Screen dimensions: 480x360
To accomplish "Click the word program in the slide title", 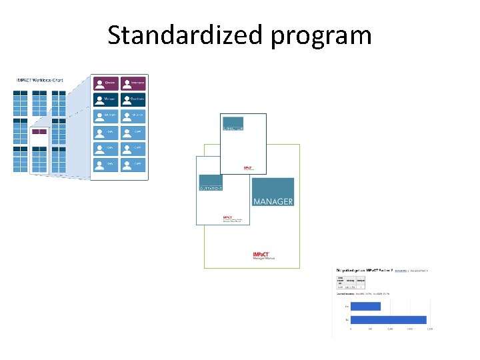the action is [x=321, y=36].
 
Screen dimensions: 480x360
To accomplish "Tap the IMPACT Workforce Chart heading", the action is [x=39, y=80].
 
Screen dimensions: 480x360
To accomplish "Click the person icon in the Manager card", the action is [x=99, y=99].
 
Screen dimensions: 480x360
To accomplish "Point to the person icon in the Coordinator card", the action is [x=127, y=99].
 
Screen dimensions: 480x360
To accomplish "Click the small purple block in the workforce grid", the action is [x=39, y=131].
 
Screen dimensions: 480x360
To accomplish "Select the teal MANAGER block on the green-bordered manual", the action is [x=273, y=192].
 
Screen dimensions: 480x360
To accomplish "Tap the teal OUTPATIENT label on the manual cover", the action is [x=211, y=187].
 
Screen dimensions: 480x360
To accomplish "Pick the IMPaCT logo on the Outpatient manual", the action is [x=227, y=217].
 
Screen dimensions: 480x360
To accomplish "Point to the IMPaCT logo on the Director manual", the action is [x=247, y=167].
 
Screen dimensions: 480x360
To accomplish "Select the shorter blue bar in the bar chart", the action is [x=365, y=307].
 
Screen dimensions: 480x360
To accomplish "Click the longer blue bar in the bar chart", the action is [x=388, y=320].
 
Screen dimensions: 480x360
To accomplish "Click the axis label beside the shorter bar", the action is [x=347, y=307].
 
